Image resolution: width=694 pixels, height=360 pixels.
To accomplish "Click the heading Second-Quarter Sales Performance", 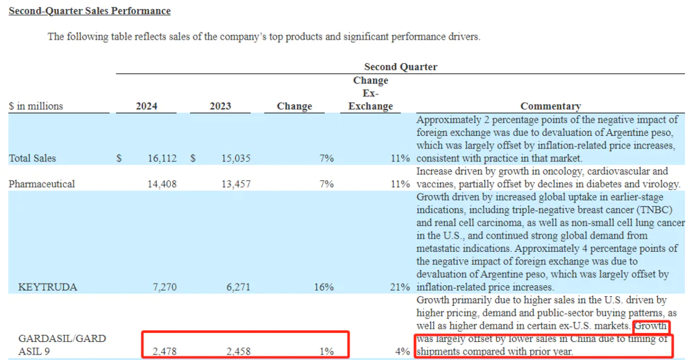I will tap(90, 11).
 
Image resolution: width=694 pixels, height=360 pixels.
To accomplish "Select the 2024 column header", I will tap(146, 106).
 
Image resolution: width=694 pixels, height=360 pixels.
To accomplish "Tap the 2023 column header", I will tap(220, 106).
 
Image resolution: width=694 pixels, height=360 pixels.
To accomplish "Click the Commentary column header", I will tap(550, 106).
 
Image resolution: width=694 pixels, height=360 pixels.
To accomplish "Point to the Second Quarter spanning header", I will tap(400, 67).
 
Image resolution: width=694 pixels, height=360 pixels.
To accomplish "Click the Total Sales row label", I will tap(33, 158).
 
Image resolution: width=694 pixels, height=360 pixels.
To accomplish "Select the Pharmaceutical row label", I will tap(42, 184).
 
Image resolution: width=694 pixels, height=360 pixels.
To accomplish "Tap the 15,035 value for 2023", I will tap(235, 158).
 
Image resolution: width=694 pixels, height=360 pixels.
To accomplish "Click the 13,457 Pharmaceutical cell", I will tap(235, 184).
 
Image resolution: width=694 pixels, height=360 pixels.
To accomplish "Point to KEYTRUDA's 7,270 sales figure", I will tap(165, 286).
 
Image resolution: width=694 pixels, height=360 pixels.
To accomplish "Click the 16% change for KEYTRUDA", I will tap(323, 286).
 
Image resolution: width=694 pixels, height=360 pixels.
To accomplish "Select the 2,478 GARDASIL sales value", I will tap(165, 351).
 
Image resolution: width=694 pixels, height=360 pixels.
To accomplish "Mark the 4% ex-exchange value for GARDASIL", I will tap(403, 351).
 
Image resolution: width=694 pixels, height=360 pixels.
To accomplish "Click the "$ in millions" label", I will tap(36, 106).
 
